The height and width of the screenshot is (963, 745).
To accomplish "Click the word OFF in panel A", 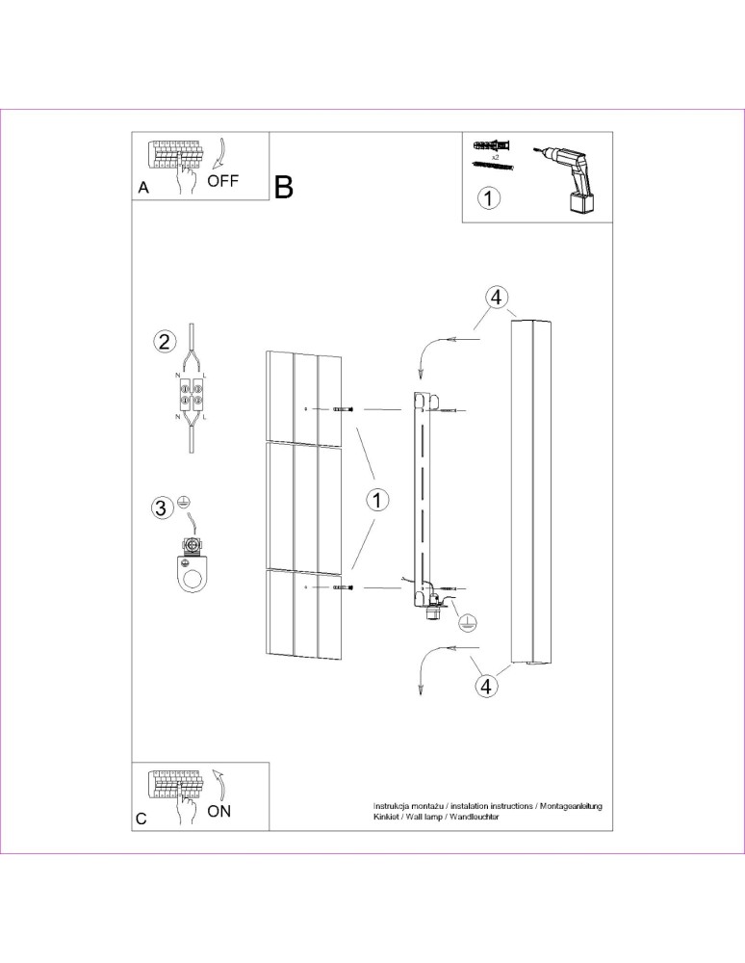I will tap(222, 180).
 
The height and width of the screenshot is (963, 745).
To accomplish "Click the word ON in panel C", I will tap(219, 811).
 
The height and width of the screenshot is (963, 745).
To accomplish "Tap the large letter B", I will tap(284, 188).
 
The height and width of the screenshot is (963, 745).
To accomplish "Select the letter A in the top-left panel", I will tap(143, 190).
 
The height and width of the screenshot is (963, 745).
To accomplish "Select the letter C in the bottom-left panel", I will tap(142, 820).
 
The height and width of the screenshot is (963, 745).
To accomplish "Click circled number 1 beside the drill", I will tap(489, 199).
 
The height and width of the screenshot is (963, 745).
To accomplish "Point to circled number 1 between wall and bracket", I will tap(377, 500).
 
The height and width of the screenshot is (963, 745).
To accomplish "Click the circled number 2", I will tap(166, 341).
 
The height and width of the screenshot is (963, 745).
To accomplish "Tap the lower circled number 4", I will tap(487, 686).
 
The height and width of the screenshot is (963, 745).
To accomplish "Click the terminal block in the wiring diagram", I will tap(192, 397).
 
